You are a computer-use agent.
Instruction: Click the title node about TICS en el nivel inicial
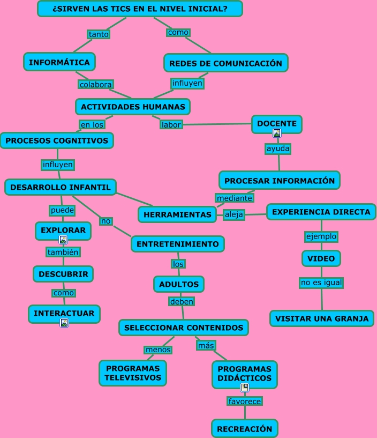coord(140,9)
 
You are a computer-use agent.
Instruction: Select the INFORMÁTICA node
coord(59,62)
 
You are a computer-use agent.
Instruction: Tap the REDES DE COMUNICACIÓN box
coord(225,63)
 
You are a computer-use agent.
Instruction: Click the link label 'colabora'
coord(95,84)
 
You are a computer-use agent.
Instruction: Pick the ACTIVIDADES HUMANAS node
coord(133,107)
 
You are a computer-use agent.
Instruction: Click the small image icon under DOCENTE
coord(277,133)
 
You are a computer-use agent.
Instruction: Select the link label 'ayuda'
coord(278,149)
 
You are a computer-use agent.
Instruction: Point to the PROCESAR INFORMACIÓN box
coord(279,181)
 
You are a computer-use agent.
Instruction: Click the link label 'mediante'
coord(234,198)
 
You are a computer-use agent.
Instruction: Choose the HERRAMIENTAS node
coord(178,214)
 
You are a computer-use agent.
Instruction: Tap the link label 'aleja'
coord(234,214)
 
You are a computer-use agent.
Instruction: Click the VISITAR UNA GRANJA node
coord(321,318)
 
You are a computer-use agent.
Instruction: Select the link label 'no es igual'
coord(321,283)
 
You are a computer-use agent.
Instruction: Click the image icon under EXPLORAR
coord(63,240)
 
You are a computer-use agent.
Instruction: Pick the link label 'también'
coord(63,252)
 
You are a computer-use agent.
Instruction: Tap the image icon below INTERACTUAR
coord(64,322)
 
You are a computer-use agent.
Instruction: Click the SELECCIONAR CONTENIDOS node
coord(184,328)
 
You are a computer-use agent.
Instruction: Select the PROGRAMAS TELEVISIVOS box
coord(133,373)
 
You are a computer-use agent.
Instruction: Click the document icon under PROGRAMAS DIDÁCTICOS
coord(245,387)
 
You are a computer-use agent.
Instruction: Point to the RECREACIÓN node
coord(245,429)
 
